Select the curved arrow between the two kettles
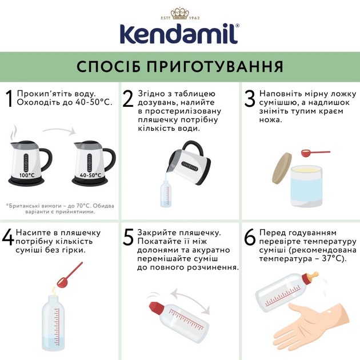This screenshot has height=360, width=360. (60, 132)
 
